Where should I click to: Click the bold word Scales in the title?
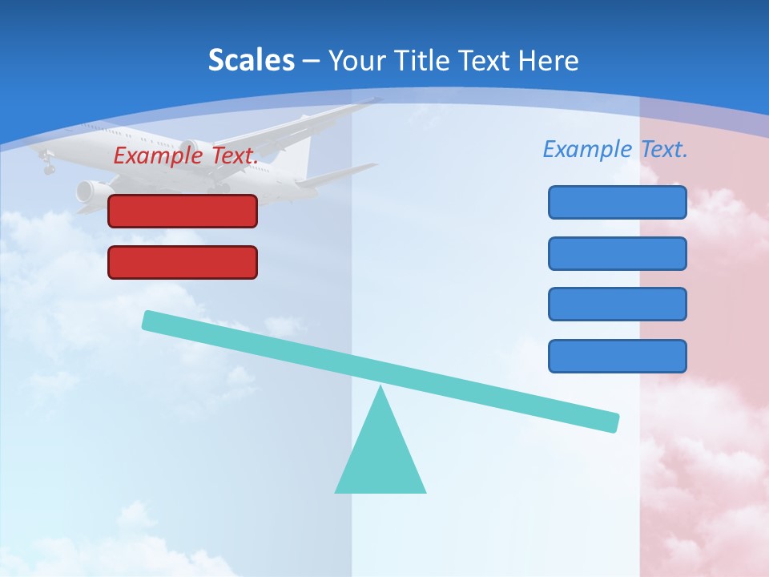[x=252, y=60]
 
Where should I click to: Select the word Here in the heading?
[x=548, y=61]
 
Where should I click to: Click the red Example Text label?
[x=186, y=155]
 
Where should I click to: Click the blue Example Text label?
[x=615, y=149]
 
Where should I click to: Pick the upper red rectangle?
[x=183, y=211]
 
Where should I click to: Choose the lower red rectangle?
[x=183, y=262]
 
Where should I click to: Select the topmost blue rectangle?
[x=617, y=202]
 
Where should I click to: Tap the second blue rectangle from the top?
[x=617, y=253]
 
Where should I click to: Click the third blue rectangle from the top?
[x=617, y=304]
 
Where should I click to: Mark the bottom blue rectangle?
[x=617, y=356]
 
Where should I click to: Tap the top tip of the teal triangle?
[x=380, y=389]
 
